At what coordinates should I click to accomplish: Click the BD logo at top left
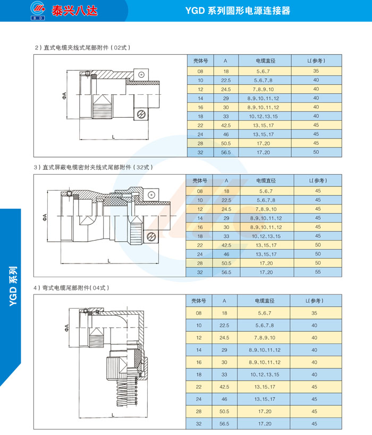tap(38, 11)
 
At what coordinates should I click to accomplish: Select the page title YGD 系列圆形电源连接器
tap(245, 11)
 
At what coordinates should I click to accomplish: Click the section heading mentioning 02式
tap(82, 47)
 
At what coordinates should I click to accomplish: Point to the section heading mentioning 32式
tap(94, 167)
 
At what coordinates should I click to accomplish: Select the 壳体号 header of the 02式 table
tap(200, 61)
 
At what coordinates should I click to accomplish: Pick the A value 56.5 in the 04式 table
tap(226, 424)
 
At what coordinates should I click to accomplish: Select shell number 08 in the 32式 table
tap(200, 191)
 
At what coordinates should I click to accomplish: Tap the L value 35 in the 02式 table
tap(316, 71)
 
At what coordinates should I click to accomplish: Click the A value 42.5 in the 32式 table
tap(226, 245)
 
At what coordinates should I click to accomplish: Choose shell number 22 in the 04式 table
tap(200, 387)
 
